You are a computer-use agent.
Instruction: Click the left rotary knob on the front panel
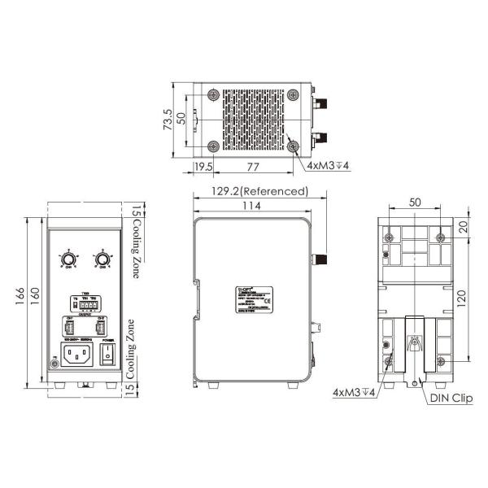click(x=69, y=259)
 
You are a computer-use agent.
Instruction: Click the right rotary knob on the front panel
click(x=102, y=259)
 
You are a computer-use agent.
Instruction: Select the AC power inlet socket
click(x=81, y=354)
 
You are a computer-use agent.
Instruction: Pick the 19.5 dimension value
click(x=203, y=167)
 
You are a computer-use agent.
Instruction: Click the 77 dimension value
click(x=253, y=167)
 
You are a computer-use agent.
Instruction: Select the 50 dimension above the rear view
click(x=415, y=202)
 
